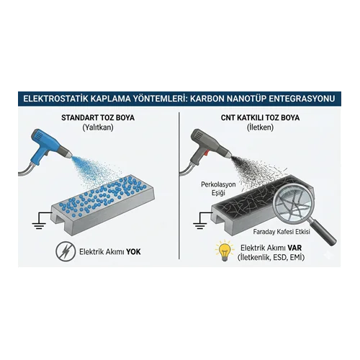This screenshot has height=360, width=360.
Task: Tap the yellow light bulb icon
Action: (x=225, y=251)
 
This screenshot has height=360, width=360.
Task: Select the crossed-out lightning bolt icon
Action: (x=66, y=251)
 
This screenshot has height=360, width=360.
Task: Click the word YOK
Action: (x=133, y=252)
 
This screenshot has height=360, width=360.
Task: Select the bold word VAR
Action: (x=294, y=248)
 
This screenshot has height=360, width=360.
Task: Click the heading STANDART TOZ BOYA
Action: (x=98, y=117)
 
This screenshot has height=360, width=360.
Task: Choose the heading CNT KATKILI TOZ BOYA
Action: (x=260, y=117)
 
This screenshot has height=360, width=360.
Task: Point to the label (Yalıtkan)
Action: (x=98, y=127)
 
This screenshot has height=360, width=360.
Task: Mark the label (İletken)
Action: (x=260, y=127)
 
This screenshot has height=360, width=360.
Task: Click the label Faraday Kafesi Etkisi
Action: (x=282, y=232)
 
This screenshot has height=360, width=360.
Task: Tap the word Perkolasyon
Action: (x=218, y=184)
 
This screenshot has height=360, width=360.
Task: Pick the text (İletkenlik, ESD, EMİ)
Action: (x=271, y=258)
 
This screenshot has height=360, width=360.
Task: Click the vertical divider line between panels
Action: (x=179, y=186)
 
